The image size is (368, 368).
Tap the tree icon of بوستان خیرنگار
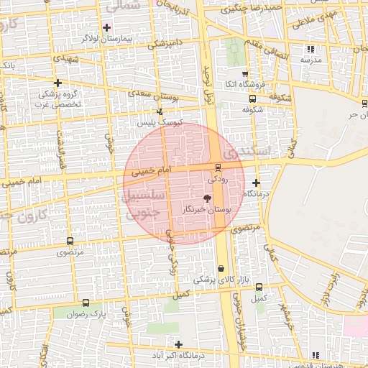point(207,198)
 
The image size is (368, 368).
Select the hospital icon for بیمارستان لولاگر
point(106,27)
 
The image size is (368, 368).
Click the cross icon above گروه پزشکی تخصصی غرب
point(57,83)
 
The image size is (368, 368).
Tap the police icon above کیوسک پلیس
point(160,111)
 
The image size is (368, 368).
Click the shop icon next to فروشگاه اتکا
point(245,74)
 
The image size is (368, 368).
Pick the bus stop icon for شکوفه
point(252,99)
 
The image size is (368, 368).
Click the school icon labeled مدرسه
point(310,49)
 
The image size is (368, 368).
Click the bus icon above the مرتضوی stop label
point(70,241)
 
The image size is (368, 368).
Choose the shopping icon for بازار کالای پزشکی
point(220,268)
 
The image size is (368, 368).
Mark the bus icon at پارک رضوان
point(86,303)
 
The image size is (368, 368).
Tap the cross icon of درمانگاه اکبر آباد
point(178,344)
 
